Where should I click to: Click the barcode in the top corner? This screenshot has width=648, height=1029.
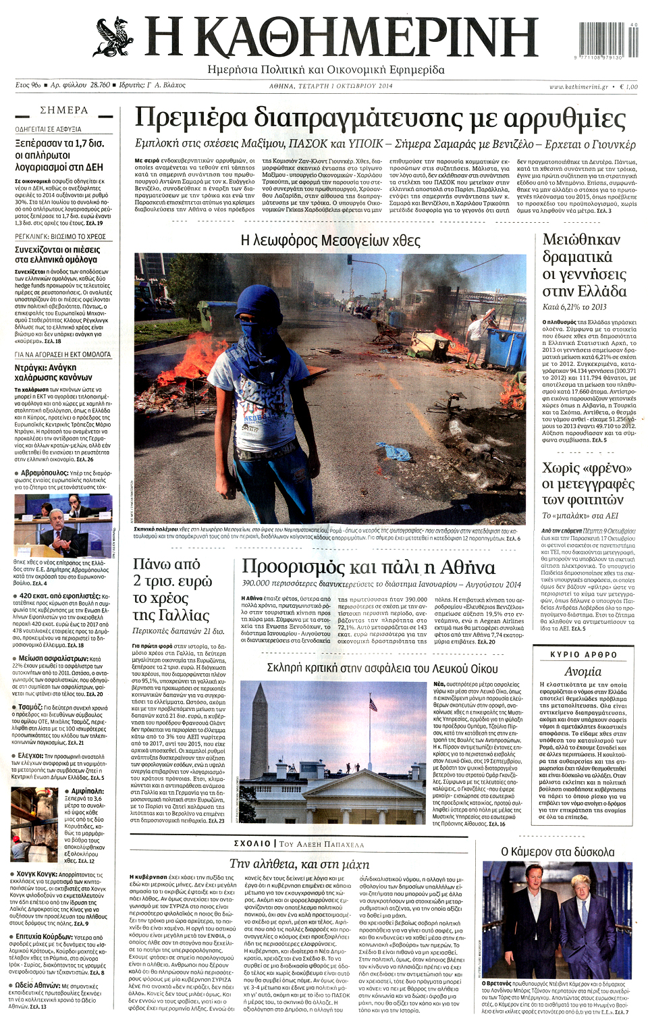607,40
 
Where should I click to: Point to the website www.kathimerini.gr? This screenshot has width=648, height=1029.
578,86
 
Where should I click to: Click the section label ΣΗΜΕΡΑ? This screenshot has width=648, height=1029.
64,110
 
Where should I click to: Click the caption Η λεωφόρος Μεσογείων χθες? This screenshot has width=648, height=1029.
330,241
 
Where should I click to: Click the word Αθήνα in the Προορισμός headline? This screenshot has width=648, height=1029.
462,567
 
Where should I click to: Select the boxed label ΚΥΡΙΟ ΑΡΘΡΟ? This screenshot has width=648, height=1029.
583,654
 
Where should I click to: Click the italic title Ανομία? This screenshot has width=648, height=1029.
583,671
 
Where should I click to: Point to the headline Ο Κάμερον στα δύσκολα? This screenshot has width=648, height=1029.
558,852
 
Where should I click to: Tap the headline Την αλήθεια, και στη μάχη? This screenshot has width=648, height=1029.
299,864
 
